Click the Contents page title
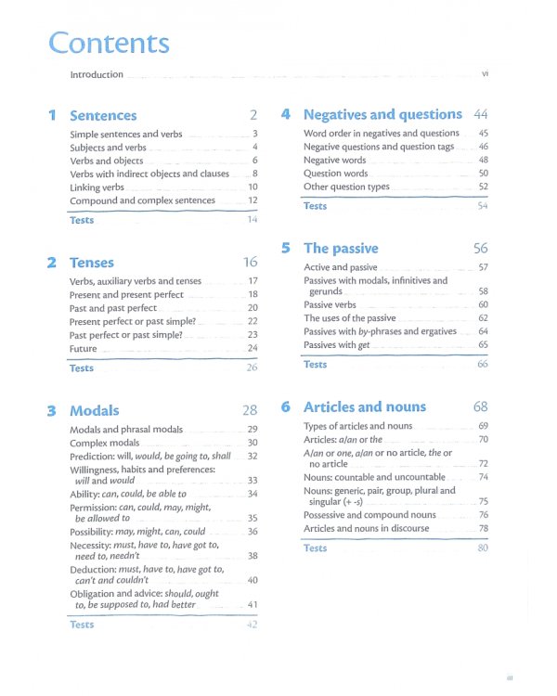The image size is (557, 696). click(109, 43)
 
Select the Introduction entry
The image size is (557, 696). click(97, 75)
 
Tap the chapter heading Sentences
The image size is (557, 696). click(103, 116)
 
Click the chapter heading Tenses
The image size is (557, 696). click(92, 263)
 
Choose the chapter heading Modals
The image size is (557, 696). click(95, 410)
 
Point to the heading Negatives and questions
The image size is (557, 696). click(382, 115)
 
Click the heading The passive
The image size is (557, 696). click(341, 249)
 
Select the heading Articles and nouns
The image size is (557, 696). click(365, 406)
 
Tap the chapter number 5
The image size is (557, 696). click(286, 249)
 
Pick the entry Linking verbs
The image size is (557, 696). click(97, 187)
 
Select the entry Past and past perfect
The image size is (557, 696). click(113, 308)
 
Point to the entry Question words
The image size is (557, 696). click(336, 174)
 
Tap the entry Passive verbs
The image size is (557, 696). click(330, 305)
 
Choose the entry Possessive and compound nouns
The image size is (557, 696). click(369, 515)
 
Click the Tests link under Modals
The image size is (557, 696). click(82, 625)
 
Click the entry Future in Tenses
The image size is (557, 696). click(84, 349)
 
